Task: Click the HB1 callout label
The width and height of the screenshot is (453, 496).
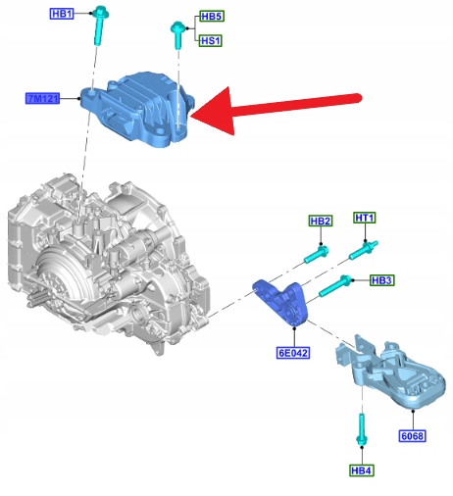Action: point(62,14)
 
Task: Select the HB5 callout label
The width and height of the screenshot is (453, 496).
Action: point(212,16)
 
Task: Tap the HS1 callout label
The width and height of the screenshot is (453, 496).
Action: point(211,41)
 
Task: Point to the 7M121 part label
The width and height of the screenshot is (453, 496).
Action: point(42,98)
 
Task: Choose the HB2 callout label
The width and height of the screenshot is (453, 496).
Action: point(321,221)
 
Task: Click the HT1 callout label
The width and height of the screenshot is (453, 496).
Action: point(365,218)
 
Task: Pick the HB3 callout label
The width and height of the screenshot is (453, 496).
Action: point(382,280)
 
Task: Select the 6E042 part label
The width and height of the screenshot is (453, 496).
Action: point(293,353)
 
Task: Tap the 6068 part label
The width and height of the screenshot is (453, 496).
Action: point(412,436)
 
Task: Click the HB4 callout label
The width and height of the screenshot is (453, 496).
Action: point(362,471)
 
